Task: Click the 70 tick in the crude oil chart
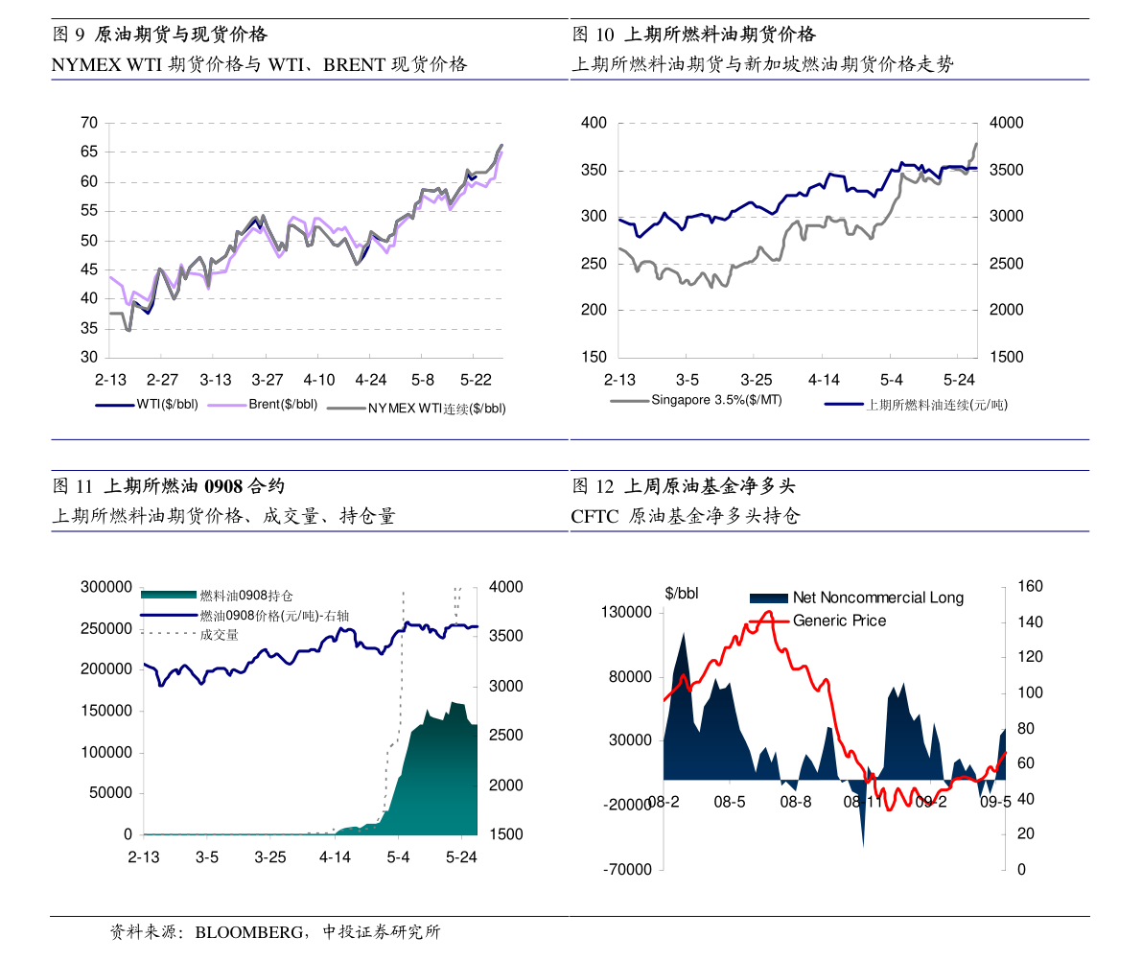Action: pos(90,123)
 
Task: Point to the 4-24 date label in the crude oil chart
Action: pos(370,379)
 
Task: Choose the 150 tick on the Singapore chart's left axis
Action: pos(594,357)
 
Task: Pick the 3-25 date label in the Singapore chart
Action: pos(756,379)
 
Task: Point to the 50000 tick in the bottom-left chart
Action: pos(110,793)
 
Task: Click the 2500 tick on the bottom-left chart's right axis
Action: pos(504,736)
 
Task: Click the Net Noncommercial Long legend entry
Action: pos(877,598)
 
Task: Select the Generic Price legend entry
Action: pos(839,621)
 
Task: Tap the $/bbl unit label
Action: pos(682,594)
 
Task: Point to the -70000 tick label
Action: pos(628,870)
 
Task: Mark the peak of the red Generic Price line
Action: pos(768,611)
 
